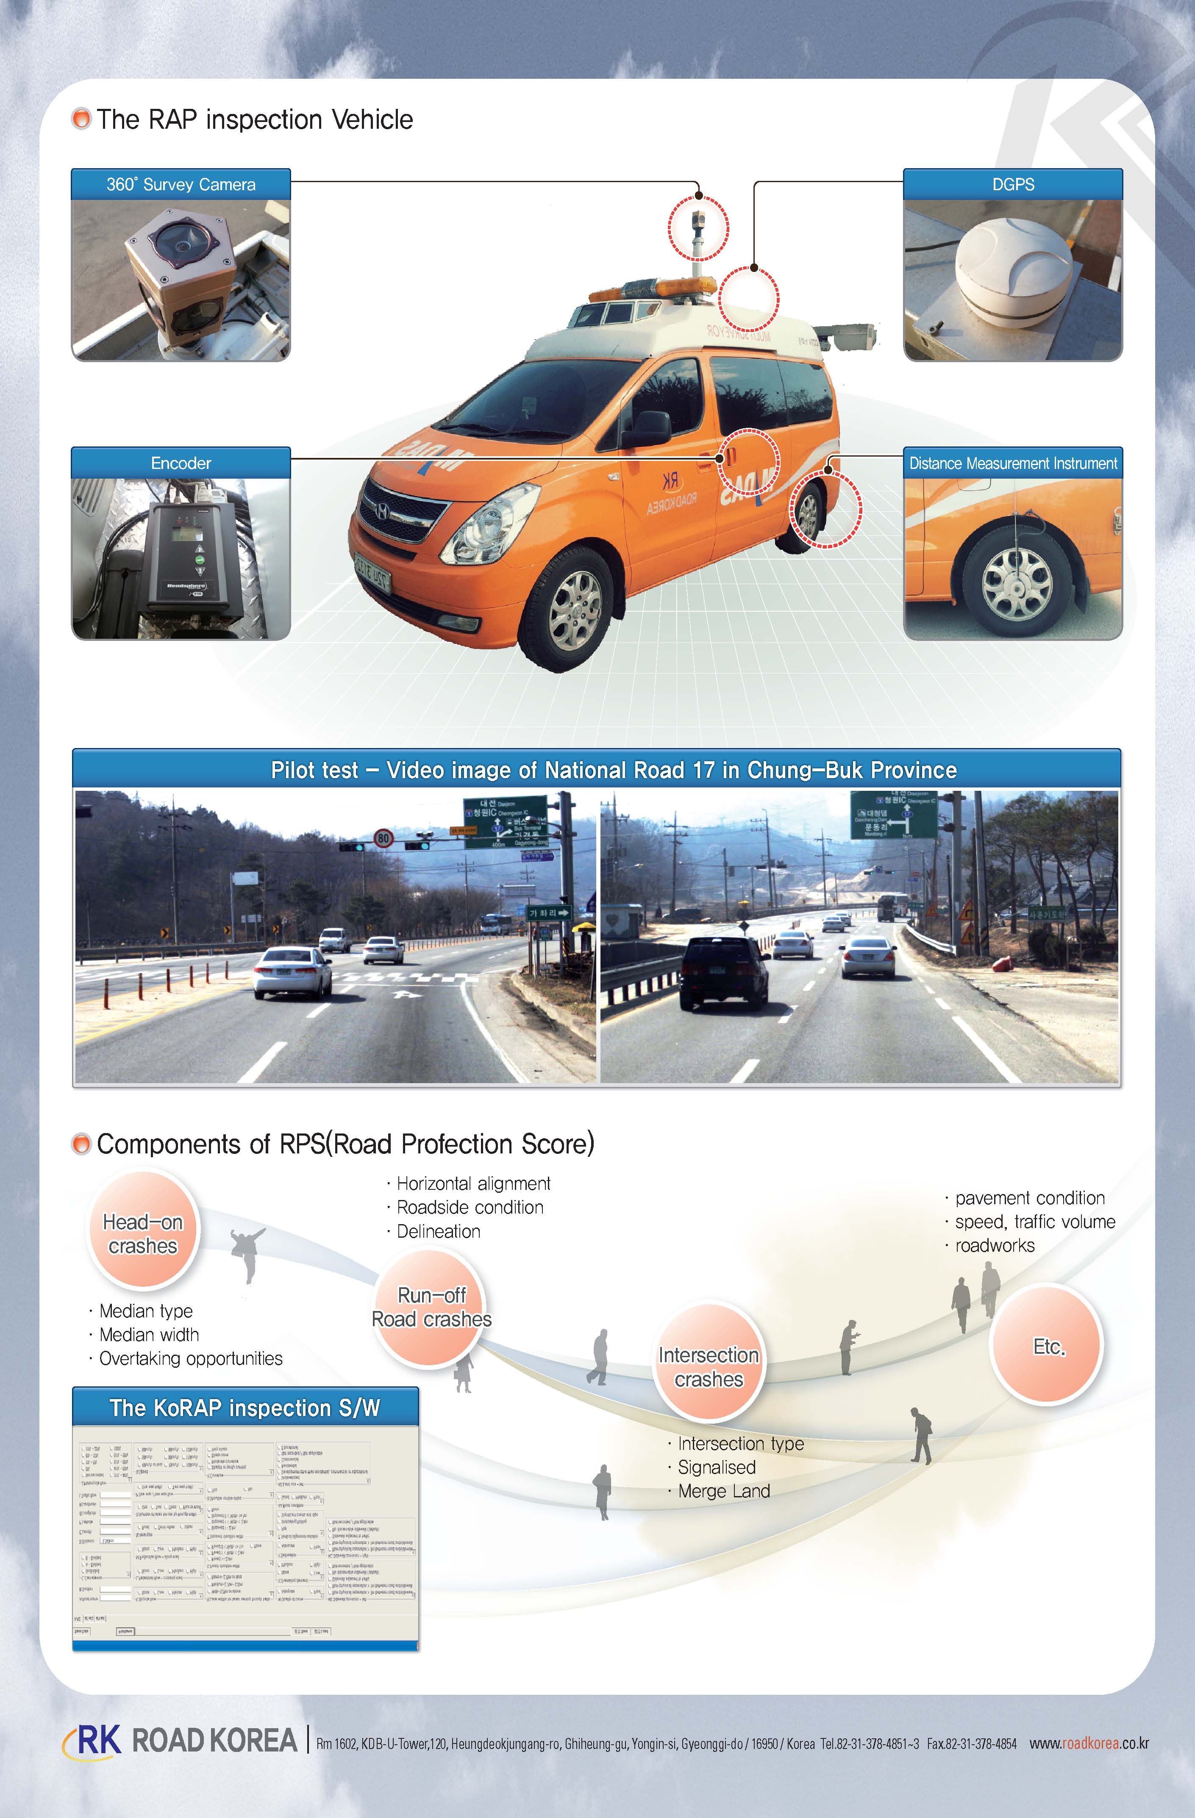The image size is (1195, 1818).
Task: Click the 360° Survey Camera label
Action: pos(181,185)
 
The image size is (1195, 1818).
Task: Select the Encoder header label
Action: pos(181,464)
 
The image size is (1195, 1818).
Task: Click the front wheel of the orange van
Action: pos(575,611)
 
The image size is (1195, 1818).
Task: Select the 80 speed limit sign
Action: pos(383,839)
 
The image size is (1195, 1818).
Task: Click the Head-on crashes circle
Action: pos(143,1233)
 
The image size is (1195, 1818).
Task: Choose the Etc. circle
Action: pos(1048,1346)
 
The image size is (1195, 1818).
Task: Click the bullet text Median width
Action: pos(149,1334)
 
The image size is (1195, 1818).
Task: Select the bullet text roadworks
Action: pos(994,1246)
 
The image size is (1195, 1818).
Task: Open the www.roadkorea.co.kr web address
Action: pos(1088,1743)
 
